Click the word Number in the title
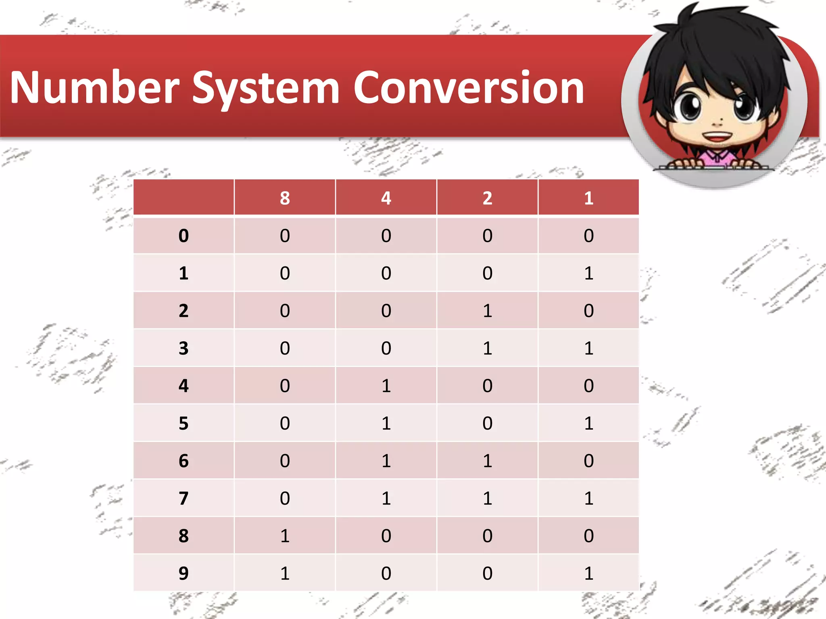tap(95, 87)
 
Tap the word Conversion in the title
tap(469, 87)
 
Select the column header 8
tap(285, 198)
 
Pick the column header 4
tap(386, 198)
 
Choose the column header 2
tap(487, 198)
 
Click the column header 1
tap(588, 198)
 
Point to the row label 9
tap(184, 573)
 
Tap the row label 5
tap(184, 423)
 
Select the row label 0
tap(184, 236)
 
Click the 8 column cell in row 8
tap(285, 536)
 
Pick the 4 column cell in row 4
tap(386, 386)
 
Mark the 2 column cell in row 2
tap(487, 311)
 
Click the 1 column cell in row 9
tap(588, 573)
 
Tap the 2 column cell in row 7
tap(487, 498)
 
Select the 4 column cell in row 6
tap(386, 461)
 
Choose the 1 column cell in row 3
tap(588, 348)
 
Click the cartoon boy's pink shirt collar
tap(717, 156)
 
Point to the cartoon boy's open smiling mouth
tap(716, 136)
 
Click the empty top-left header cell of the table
tap(184, 198)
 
